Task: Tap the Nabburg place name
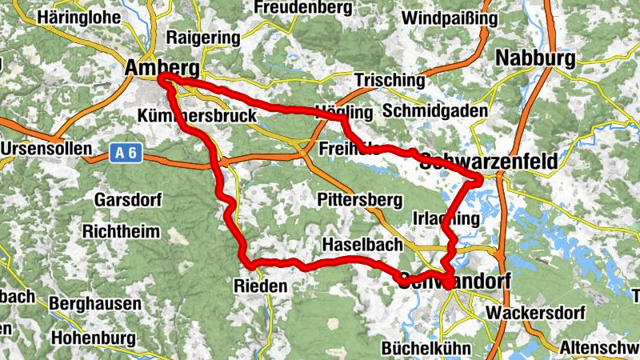(535, 58)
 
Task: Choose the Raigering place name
(202, 38)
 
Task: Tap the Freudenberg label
(302, 9)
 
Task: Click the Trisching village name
(390, 81)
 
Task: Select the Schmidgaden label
(435, 110)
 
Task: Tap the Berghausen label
(95, 304)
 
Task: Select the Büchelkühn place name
(426, 349)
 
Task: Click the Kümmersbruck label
(197, 116)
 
